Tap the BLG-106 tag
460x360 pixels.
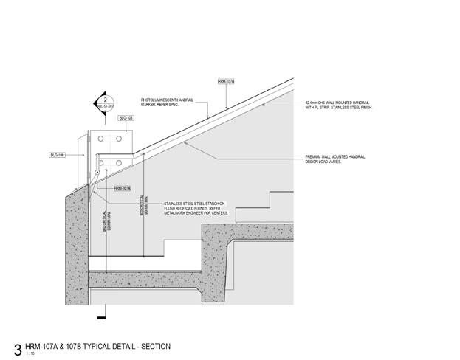point(58,155)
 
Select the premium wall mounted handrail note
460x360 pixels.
point(336,158)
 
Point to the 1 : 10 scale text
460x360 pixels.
point(30,354)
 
